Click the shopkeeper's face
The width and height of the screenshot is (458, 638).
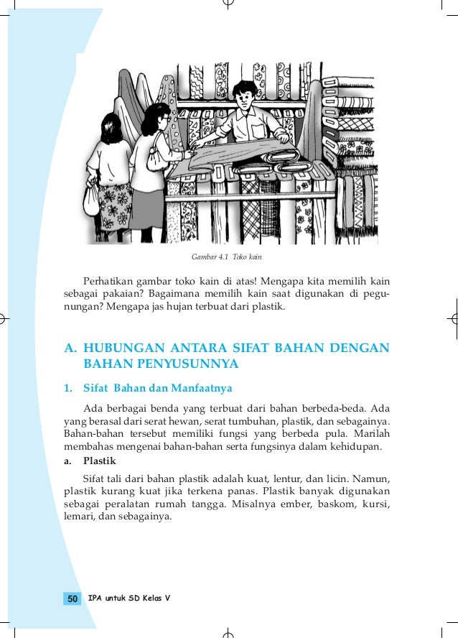click(246, 98)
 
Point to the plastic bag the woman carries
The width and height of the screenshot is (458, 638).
click(91, 200)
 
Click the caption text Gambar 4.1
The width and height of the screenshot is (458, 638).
click(209, 256)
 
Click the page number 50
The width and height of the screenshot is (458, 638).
click(72, 598)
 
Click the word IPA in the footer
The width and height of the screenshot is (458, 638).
click(95, 598)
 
